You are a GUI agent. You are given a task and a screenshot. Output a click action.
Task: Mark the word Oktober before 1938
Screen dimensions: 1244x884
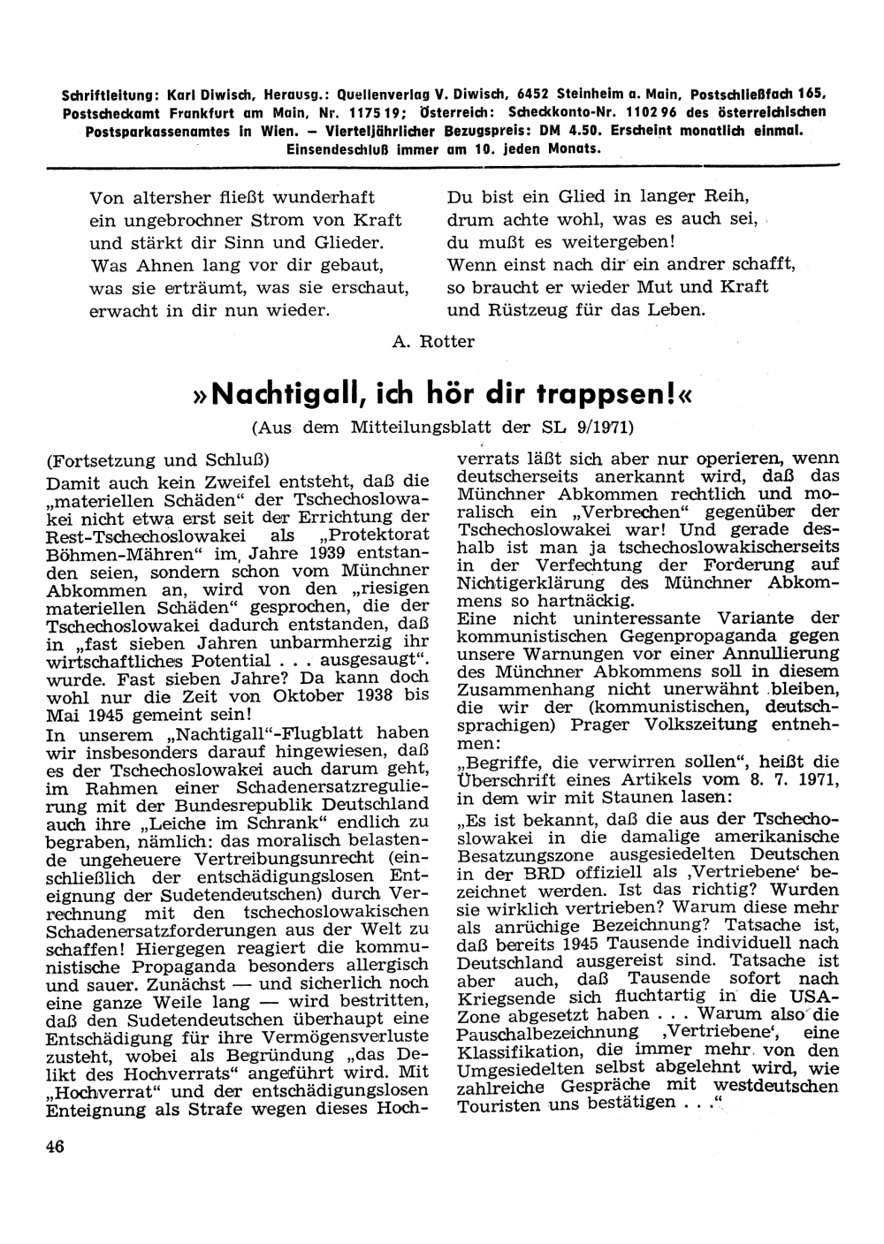297,696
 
